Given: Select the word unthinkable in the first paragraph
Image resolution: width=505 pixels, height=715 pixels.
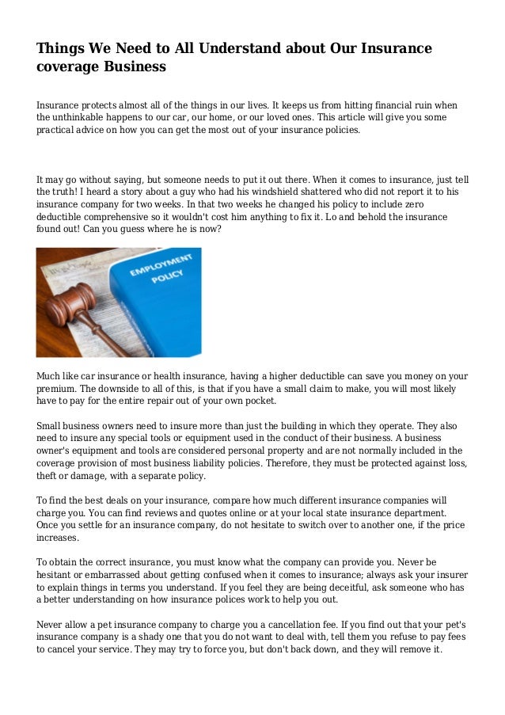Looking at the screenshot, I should pyautogui.click(x=83, y=116).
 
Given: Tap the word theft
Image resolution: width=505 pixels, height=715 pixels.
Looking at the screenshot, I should pyautogui.click(x=48, y=477).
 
